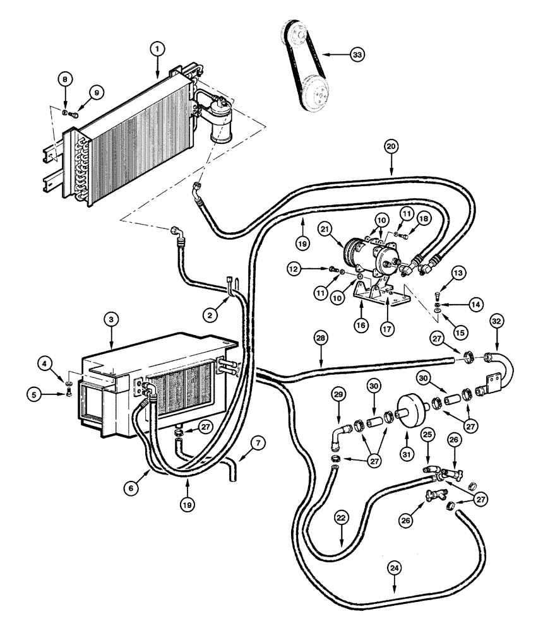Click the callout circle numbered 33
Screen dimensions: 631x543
(x=357, y=55)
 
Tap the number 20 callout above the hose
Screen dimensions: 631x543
(x=391, y=147)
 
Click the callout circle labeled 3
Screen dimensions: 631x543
(x=110, y=320)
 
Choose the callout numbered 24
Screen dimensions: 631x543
(x=395, y=567)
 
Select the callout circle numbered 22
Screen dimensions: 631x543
(x=341, y=517)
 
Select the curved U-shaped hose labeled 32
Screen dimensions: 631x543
(x=502, y=366)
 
